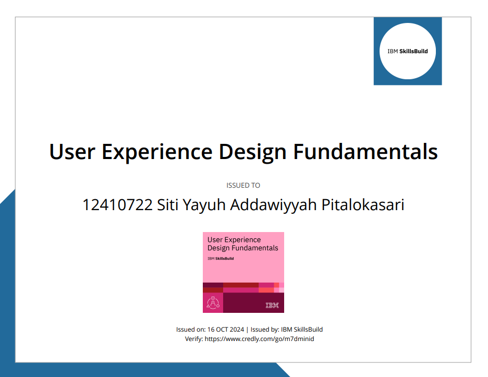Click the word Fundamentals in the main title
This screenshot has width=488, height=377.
click(365, 152)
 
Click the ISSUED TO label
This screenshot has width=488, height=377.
click(243, 185)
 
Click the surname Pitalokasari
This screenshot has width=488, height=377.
click(363, 205)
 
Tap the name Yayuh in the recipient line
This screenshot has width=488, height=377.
click(205, 205)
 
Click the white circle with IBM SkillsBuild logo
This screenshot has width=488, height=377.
click(407, 51)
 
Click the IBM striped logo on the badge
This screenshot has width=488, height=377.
click(272, 305)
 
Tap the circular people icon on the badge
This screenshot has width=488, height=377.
click(213, 302)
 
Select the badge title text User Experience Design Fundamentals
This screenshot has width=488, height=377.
click(242, 244)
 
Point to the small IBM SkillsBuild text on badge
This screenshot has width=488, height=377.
click(221, 258)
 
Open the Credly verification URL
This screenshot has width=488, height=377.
click(259, 339)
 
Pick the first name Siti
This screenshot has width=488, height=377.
click(168, 205)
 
